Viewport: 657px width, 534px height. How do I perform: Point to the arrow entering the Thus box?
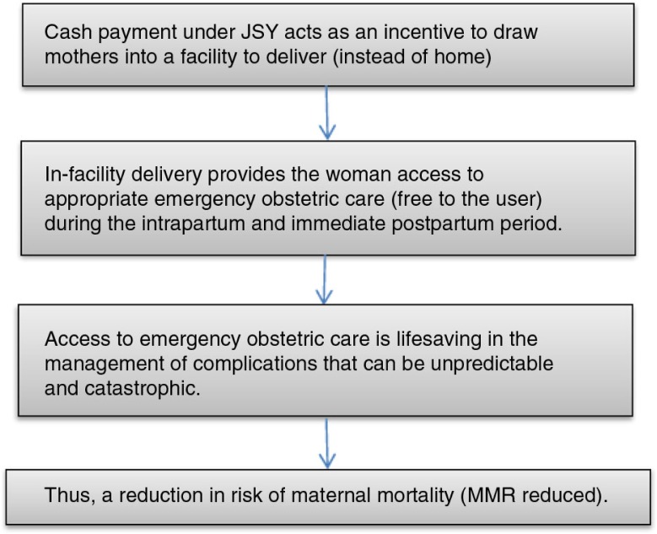[326, 442]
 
